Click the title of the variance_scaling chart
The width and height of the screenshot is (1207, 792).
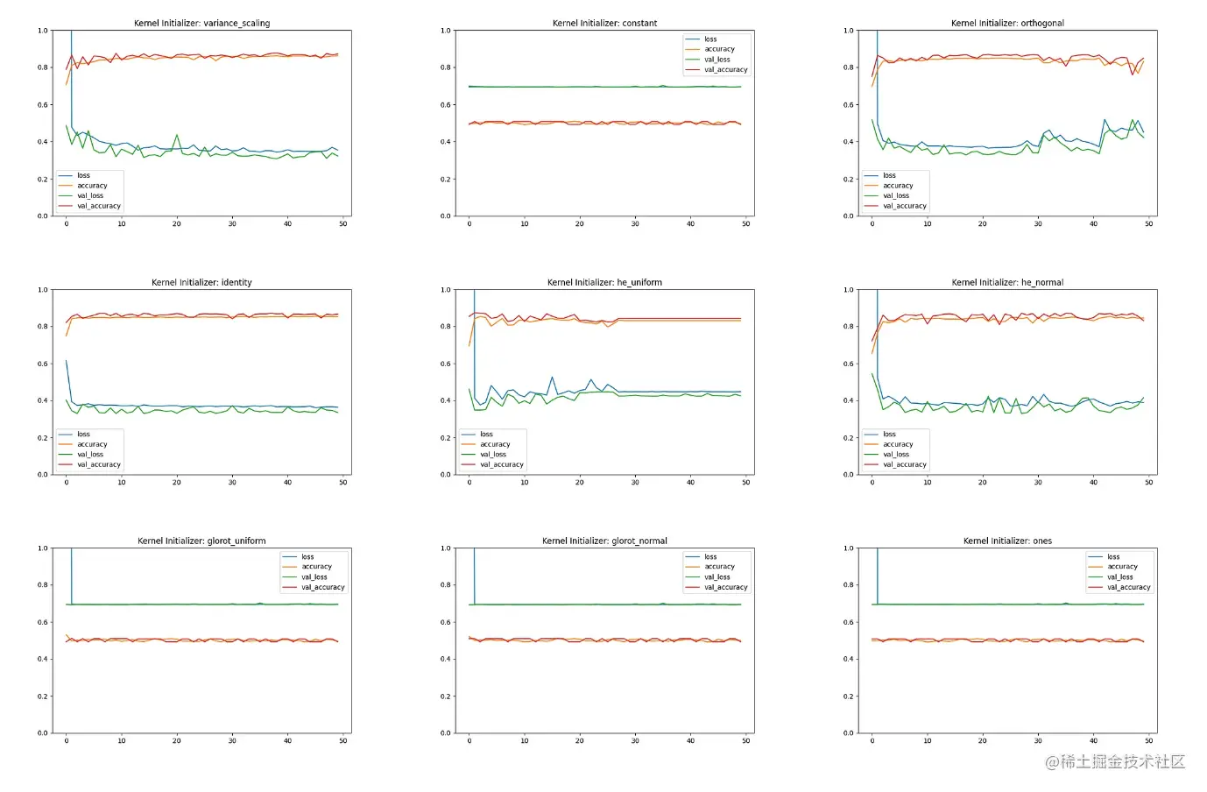pyautogui.click(x=201, y=24)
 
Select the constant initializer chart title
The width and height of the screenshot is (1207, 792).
pyautogui.click(x=604, y=24)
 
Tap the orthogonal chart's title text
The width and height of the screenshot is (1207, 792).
pyautogui.click(x=1007, y=24)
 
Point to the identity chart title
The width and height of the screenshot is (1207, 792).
pyautogui.click(x=201, y=282)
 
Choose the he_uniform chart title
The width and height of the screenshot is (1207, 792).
pyautogui.click(x=604, y=282)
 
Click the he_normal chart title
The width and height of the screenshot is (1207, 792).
pyautogui.click(x=1007, y=282)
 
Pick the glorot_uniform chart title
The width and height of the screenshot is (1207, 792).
pyautogui.click(x=201, y=541)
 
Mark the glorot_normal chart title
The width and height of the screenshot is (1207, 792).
pyautogui.click(x=604, y=541)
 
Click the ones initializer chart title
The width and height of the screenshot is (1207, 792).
pyautogui.click(x=1007, y=541)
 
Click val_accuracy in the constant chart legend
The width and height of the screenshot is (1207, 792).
pyautogui.click(x=725, y=70)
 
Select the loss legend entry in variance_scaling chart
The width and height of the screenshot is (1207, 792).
pyautogui.click(x=83, y=175)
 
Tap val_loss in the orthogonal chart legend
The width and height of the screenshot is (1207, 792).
pyautogui.click(x=895, y=196)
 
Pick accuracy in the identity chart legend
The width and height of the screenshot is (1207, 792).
pyautogui.click(x=92, y=444)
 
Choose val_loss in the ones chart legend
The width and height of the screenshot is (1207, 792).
pyautogui.click(x=1119, y=577)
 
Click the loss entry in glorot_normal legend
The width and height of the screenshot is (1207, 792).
pyautogui.click(x=710, y=557)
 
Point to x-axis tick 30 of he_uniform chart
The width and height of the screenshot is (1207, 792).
pyautogui.click(x=635, y=482)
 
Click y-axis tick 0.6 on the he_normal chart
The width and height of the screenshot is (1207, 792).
pyautogui.click(x=849, y=364)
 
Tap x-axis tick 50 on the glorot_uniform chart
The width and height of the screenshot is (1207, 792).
pyautogui.click(x=343, y=740)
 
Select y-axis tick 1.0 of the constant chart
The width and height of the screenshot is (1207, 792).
pyautogui.click(x=446, y=31)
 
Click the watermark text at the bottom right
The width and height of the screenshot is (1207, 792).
pyautogui.click(x=1114, y=762)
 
